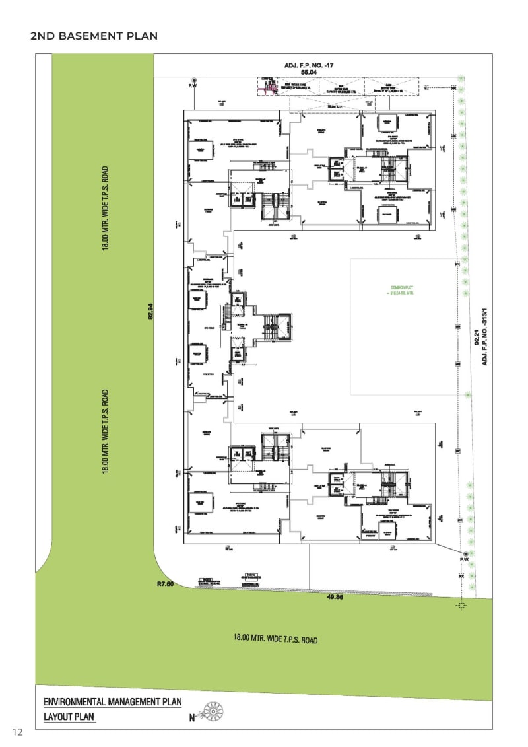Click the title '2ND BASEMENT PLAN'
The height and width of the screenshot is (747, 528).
pos(94,36)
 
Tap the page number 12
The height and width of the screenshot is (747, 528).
pos(18,731)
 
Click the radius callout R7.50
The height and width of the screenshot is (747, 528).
pos(165,584)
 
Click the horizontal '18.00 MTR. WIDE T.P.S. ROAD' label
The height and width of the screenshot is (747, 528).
pos(275,639)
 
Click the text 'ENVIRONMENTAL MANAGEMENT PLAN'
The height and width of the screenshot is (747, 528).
pos(112,702)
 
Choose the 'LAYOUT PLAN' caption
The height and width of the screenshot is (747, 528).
pos(69,716)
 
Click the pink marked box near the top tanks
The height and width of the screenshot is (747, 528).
pos(268,88)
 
